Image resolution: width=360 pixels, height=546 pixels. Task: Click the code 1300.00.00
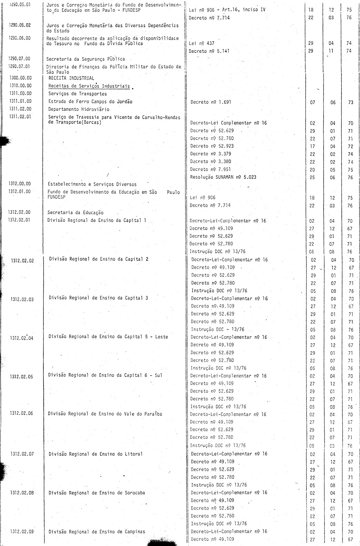point(21,78)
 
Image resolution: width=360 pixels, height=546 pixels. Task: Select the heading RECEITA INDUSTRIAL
point(71,78)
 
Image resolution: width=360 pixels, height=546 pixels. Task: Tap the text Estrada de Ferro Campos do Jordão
point(90,101)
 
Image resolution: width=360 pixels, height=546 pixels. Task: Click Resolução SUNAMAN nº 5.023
point(223,177)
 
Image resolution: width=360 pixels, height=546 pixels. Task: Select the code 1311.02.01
point(20,117)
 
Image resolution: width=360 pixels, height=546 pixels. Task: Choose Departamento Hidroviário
point(79,109)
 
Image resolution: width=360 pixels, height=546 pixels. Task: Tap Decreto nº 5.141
point(209,51)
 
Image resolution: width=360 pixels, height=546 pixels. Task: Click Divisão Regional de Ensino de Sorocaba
point(97,493)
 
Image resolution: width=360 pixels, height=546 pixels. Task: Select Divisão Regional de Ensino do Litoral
point(96,454)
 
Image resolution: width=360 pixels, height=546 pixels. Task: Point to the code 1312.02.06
point(22,413)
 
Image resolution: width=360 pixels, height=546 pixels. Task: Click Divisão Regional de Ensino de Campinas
point(97,532)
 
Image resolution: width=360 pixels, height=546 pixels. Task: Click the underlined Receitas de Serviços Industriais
point(89,86)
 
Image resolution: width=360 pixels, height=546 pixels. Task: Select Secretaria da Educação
point(75,213)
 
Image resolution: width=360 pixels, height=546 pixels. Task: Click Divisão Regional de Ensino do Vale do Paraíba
point(105,413)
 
